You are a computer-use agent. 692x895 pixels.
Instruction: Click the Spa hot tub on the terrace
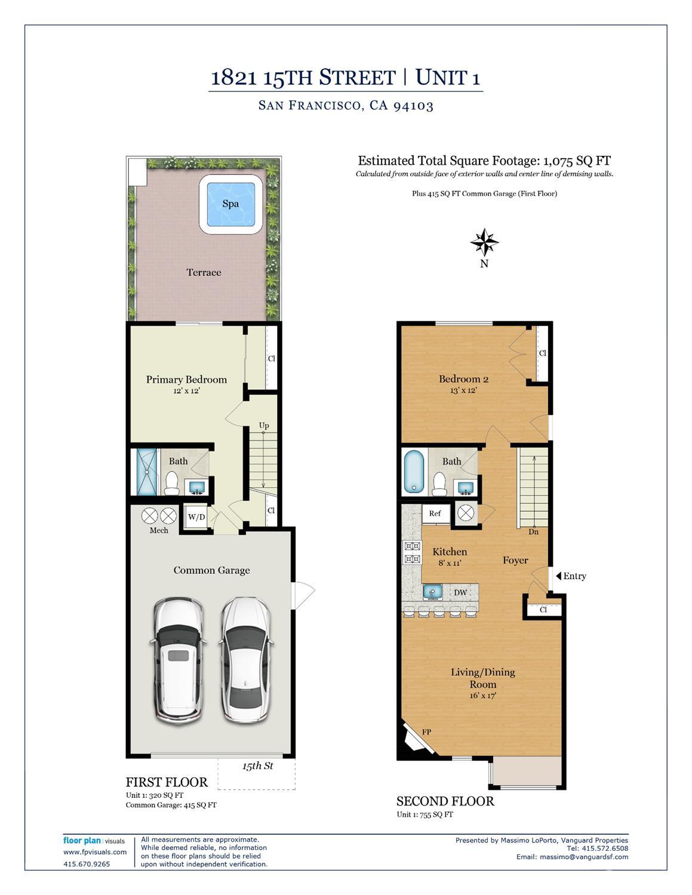point(230,204)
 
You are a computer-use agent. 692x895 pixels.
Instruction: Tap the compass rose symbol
point(484,242)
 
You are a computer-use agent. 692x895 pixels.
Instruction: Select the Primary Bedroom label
point(186,380)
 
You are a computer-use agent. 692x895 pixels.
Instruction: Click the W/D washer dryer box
point(196,517)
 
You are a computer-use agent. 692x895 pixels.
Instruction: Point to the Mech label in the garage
point(159,530)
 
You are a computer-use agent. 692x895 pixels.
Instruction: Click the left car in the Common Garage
point(179,658)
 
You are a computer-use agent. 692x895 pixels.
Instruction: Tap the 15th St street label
point(257,766)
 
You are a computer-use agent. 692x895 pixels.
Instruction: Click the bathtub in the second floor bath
point(413,472)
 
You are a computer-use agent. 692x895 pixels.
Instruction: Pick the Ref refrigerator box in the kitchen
point(435,513)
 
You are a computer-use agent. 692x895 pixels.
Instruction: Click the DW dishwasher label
point(460,593)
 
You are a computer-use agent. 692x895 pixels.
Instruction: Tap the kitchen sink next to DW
point(433,592)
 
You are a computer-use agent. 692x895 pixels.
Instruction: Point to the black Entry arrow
point(559,576)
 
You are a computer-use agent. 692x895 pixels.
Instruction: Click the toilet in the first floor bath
point(171,483)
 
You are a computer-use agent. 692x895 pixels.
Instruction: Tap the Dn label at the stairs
point(534,531)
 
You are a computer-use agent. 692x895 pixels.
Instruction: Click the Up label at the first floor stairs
point(264,426)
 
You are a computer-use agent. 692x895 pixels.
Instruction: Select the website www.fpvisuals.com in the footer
point(95,852)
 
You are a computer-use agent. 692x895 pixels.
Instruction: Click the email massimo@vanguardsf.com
point(584,857)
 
